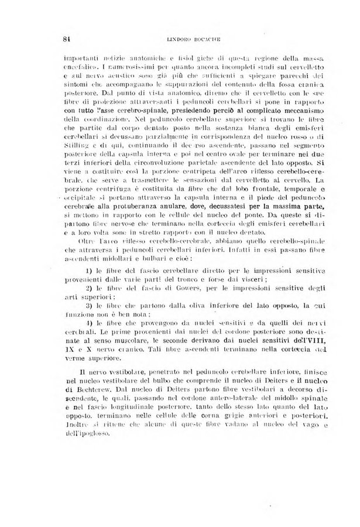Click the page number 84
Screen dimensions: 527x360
[x=66, y=39]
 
